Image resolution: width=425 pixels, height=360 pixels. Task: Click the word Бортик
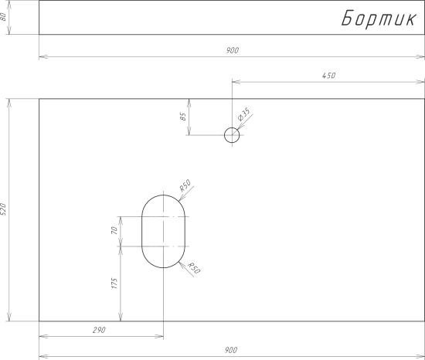point(379,19)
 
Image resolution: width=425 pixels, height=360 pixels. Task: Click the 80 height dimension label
point(4,17)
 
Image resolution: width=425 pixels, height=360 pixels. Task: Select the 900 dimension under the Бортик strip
point(233,50)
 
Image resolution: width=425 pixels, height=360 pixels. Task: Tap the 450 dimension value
point(328,76)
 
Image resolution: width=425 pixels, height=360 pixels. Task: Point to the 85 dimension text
point(183,117)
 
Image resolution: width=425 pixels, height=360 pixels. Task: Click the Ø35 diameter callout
point(244,114)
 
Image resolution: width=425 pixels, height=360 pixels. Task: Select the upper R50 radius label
point(185,185)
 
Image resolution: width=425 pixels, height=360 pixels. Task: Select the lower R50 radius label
point(194,268)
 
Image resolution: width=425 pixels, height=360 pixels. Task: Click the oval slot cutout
point(141,231)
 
